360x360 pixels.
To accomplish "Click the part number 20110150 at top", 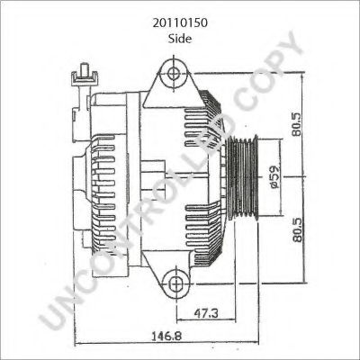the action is (x=180, y=23).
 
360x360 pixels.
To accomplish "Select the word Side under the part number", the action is (x=180, y=39).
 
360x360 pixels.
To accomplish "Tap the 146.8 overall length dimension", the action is (x=166, y=335).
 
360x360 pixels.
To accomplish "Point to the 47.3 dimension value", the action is (x=206, y=313).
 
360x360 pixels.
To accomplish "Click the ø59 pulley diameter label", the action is (x=274, y=177).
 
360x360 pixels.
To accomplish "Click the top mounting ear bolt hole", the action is (x=174, y=73).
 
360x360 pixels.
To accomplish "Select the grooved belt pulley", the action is (x=243, y=177).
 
